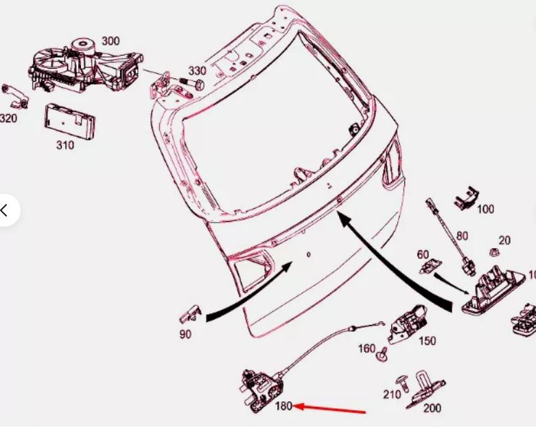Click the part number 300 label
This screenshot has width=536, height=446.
[x=110, y=41]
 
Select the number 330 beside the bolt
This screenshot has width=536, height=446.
[x=198, y=71]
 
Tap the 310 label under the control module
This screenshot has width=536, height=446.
[x=65, y=145]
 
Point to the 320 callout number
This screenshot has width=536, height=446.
[x=8, y=118]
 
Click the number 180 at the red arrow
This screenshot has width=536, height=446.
[x=283, y=406]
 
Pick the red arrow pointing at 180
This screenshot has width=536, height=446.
[x=329, y=409]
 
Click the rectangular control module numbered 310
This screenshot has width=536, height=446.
[x=70, y=122]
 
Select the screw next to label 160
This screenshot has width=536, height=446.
[x=382, y=354]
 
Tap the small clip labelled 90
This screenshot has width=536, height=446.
[x=190, y=314]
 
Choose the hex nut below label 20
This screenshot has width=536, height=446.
[x=494, y=254]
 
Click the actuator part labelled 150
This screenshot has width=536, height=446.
[x=408, y=324]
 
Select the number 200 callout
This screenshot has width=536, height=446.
[x=432, y=408]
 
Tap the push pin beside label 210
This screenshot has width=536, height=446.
[x=403, y=383]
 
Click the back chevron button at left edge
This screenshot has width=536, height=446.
[x=4, y=210]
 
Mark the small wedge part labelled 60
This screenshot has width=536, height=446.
[x=430, y=266]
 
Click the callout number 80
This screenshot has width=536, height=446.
[x=462, y=236]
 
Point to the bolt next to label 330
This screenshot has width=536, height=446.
[x=191, y=82]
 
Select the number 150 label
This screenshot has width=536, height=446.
[x=428, y=341]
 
